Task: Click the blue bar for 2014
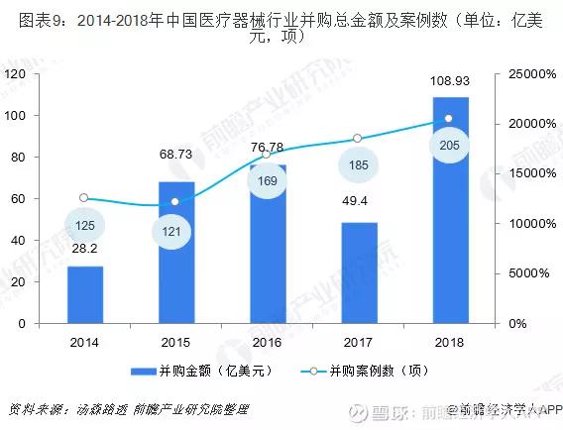pos(85,294)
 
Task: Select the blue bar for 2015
pos(175,253)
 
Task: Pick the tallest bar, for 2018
pos(450,210)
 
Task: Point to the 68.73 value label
pos(176,154)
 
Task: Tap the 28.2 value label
pos(85,248)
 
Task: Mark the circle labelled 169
pos(268,181)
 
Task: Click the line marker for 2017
pos(359,139)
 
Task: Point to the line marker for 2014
pos(85,198)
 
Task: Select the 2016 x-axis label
pos(267,342)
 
